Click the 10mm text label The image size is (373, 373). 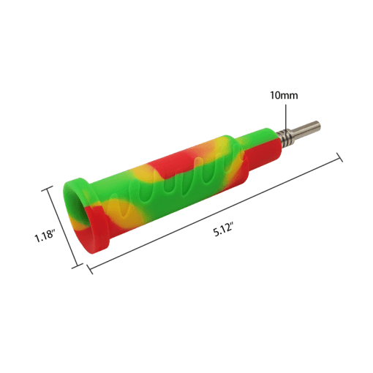click(x=284, y=95)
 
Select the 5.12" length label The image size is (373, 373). click(x=223, y=230)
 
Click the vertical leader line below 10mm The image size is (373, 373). click(x=286, y=119)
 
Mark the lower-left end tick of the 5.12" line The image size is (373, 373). click(x=89, y=268)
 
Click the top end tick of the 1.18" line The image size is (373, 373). click(x=48, y=188)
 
